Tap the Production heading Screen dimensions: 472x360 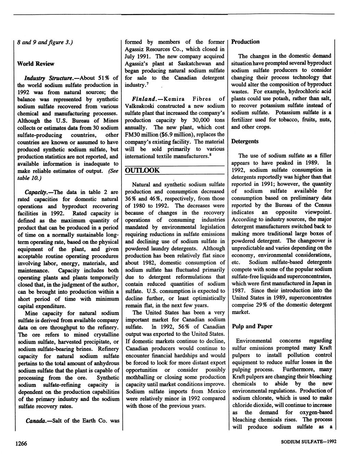coord(245,42)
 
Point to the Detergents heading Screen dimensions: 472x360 coord(245,141)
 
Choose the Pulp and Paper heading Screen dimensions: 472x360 coord(252,326)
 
